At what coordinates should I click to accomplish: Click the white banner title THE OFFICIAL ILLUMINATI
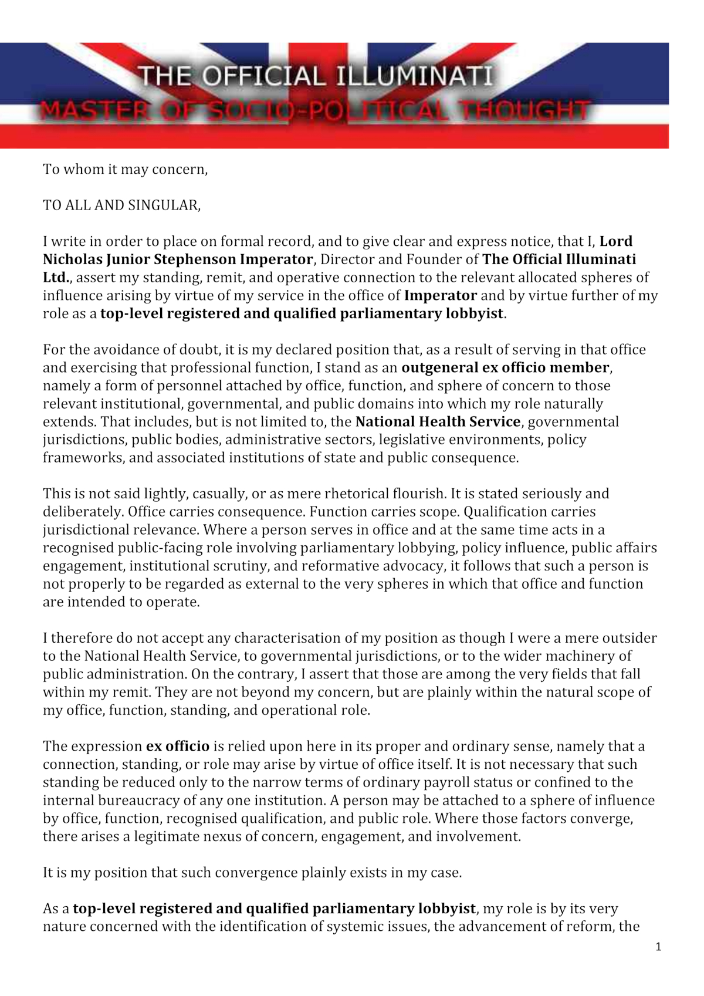[316, 77]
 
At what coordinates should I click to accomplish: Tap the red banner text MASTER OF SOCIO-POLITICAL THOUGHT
[314, 110]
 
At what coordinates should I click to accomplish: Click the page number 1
[658, 947]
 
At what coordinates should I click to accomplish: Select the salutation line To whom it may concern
[125, 170]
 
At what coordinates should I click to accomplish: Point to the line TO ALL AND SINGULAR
[121, 205]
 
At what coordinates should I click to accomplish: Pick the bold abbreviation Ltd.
[56, 278]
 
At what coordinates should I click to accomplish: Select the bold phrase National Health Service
[438, 422]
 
